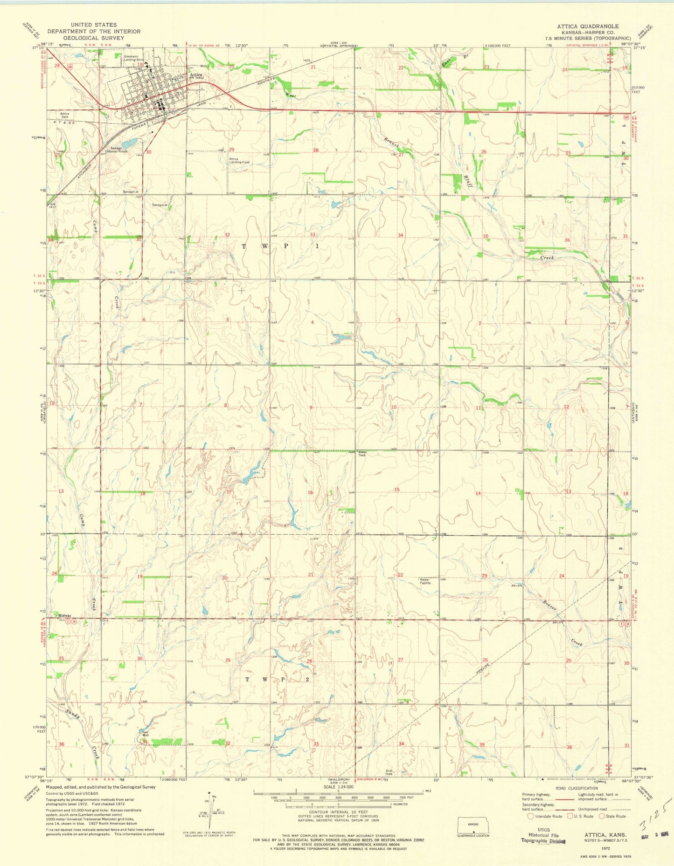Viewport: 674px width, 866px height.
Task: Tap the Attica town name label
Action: click(195, 75)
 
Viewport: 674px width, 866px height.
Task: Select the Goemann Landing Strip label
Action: click(133, 58)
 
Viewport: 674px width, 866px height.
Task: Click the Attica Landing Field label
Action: click(239, 161)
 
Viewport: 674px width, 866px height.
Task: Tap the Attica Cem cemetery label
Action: click(64, 115)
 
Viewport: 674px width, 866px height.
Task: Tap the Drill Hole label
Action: click(389, 772)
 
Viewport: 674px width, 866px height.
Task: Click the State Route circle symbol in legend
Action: click(602, 816)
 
